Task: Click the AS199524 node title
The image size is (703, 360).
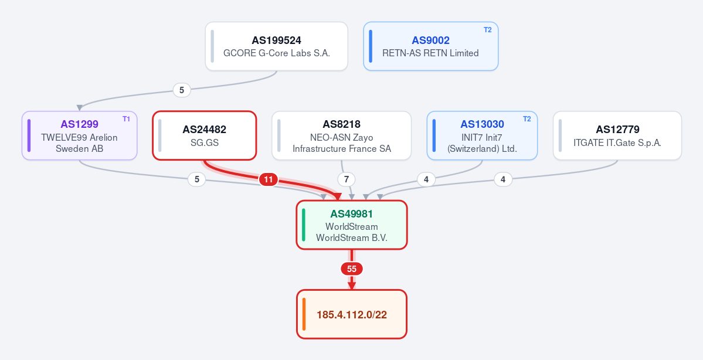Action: click(276, 40)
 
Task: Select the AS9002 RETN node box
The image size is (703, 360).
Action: click(430, 46)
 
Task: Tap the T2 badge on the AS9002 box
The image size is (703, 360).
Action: click(487, 30)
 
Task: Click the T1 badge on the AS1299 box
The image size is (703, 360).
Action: click(126, 119)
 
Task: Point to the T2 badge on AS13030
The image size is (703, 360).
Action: click(527, 119)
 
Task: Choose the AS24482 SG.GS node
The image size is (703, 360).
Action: click(205, 135)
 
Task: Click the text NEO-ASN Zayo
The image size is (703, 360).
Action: click(341, 137)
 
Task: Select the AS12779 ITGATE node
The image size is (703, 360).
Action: click(617, 135)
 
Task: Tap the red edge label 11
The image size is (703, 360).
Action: click(268, 180)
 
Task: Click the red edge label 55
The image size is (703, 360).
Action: click(352, 269)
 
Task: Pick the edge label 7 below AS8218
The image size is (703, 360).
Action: click(346, 180)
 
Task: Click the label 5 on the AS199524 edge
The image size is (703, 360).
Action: click(182, 90)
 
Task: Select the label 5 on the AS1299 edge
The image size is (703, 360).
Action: click(196, 179)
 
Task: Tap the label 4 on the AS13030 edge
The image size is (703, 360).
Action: click(426, 180)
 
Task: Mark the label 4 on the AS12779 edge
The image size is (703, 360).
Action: click(503, 180)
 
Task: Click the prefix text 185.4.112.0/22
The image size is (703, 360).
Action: click(352, 315)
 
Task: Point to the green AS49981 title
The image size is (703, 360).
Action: click(352, 214)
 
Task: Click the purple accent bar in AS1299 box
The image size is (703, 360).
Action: click(29, 135)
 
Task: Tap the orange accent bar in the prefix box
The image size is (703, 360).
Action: click(304, 314)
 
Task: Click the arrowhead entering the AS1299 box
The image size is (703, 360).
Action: click(79, 108)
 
